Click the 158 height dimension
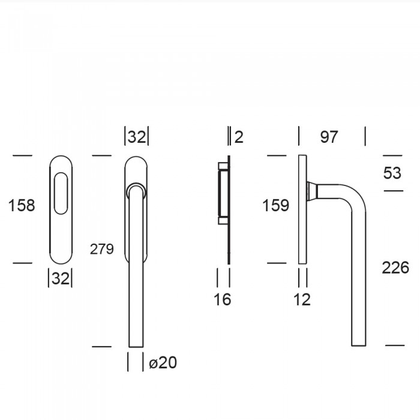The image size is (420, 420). point(22,205)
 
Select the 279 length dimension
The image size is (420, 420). point(102,249)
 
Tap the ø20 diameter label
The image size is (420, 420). point(163,362)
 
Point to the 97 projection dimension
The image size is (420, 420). point(329,137)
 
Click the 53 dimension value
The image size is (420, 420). point(392,173)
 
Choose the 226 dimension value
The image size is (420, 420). point(395,268)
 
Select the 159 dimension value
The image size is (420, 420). point(275,205)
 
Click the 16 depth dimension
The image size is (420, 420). point(223,299)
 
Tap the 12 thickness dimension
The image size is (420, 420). point(302,299)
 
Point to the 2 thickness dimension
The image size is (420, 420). point(239,137)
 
